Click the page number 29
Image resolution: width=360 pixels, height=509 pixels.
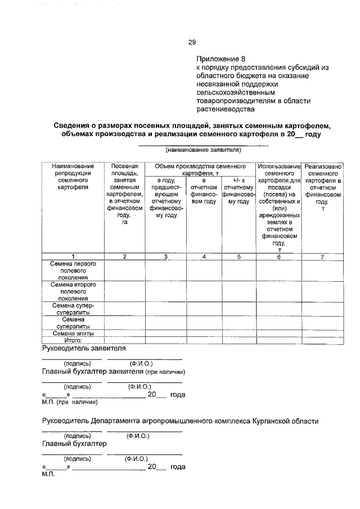[191, 42]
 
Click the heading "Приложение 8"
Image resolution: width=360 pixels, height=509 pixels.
[220, 58]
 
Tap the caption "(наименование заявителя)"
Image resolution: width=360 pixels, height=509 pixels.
[203, 150]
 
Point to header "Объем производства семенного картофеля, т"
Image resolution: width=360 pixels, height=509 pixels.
[200, 170]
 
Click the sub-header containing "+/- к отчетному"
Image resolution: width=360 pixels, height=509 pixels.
[238, 191]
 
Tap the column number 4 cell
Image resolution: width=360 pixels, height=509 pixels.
[204, 257]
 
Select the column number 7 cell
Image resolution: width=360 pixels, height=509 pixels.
[323, 257]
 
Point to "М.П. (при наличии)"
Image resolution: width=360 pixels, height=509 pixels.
[70, 402]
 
